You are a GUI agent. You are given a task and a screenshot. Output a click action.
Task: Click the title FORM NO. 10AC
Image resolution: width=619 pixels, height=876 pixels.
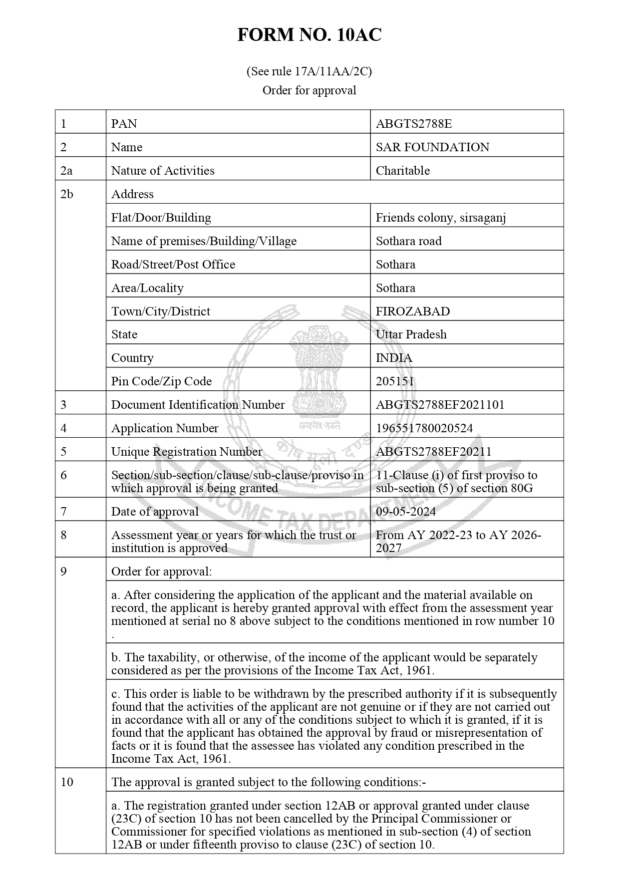309,35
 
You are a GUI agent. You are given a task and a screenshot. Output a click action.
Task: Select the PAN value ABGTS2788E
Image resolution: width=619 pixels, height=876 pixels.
413,124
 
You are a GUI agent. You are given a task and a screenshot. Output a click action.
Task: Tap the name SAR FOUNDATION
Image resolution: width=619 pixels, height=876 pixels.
432,147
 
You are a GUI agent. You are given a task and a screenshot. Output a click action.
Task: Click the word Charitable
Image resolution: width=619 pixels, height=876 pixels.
402,171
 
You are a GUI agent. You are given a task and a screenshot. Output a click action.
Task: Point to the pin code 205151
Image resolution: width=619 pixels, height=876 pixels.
394,381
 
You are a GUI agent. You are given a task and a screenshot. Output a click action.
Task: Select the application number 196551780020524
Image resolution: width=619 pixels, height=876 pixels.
424,428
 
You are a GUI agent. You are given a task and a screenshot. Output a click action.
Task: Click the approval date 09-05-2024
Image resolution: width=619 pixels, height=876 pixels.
405,512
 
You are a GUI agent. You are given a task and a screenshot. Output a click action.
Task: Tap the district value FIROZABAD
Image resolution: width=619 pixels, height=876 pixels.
412,311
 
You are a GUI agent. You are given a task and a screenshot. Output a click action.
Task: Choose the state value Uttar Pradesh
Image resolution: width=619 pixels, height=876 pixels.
411,334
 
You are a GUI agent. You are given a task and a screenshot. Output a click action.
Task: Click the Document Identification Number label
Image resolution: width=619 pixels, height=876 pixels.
198,405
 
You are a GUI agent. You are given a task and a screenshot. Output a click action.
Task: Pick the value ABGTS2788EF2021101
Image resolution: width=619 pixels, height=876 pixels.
440,405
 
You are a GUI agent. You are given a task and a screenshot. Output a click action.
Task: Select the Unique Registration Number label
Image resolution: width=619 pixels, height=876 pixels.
186,452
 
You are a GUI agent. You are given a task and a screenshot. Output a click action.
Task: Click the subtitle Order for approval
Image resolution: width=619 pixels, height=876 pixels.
309,90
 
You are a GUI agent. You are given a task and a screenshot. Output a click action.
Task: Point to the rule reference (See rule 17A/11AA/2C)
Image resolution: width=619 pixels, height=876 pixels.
309,71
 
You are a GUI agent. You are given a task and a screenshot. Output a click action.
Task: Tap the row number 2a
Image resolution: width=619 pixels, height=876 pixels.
66,171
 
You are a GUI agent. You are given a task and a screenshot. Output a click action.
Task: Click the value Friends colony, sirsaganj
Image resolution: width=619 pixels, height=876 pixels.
441,218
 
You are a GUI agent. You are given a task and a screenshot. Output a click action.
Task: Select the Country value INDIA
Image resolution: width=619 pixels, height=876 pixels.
394,358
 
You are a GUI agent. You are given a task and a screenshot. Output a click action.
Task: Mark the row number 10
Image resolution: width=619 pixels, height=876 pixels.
67,782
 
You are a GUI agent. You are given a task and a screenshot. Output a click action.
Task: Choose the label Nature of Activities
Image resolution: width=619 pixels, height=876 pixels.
163,171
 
